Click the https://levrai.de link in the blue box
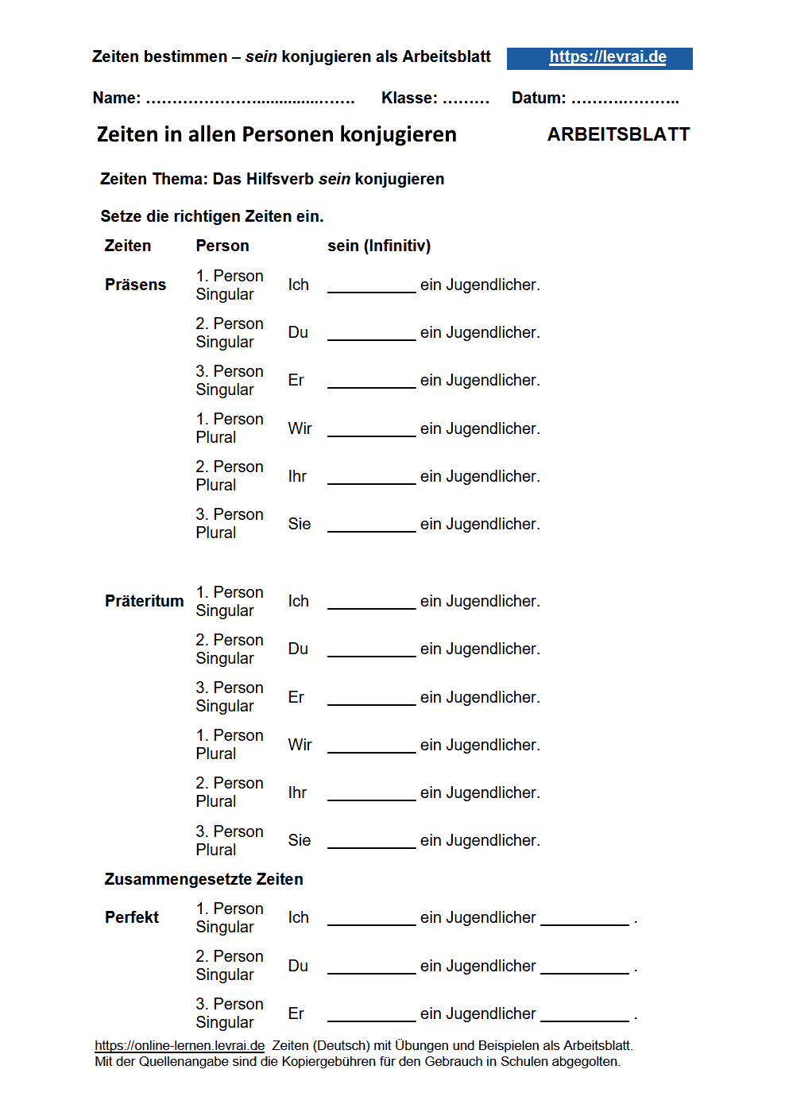click(x=608, y=57)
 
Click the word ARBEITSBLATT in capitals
click(x=618, y=134)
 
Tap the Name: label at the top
click(x=117, y=98)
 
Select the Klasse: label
click(x=409, y=98)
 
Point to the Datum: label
click(x=539, y=98)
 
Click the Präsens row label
click(x=135, y=285)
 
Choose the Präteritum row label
click(x=144, y=601)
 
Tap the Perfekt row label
click(x=132, y=917)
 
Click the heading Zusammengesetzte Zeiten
click(x=203, y=879)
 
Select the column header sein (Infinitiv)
click(x=379, y=246)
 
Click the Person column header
click(x=222, y=246)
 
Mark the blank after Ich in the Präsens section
click(x=371, y=286)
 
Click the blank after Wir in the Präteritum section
click(x=371, y=746)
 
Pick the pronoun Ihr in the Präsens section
click(x=297, y=476)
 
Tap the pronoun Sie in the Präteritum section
click(x=300, y=840)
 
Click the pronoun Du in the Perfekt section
click(x=298, y=966)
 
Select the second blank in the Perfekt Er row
click(x=584, y=1014)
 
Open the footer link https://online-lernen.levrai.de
click(x=180, y=1045)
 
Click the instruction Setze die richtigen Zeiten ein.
click(x=212, y=216)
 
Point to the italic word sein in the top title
click(x=261, y=56)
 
